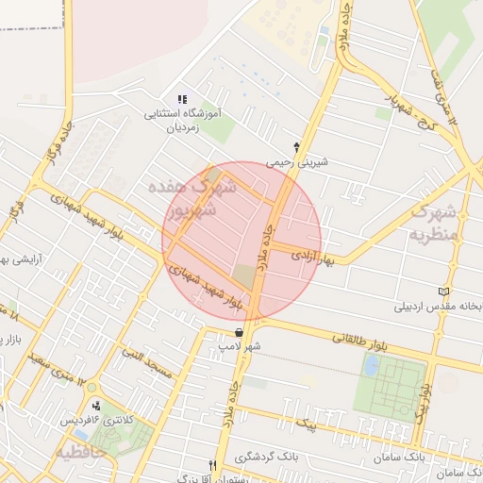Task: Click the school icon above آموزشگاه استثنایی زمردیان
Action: coord(183,99)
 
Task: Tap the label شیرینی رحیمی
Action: coord(298,161)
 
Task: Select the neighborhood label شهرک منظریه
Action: coord(433,222)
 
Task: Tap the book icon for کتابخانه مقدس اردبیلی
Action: coord(444,292)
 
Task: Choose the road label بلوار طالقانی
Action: coord(358,339)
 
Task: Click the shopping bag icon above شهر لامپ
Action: coord(239,332)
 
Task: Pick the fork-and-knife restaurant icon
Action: coord(213,465)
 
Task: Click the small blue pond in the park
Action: coord(371,364)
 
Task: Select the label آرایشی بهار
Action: coord(14,259)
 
